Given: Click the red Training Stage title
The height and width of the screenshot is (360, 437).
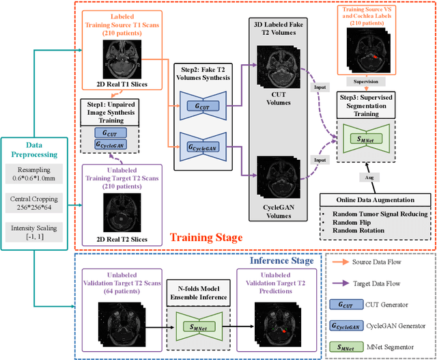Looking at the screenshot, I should click(x=207, y=237).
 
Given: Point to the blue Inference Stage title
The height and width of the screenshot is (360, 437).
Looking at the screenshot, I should click(x=274, y=260).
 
